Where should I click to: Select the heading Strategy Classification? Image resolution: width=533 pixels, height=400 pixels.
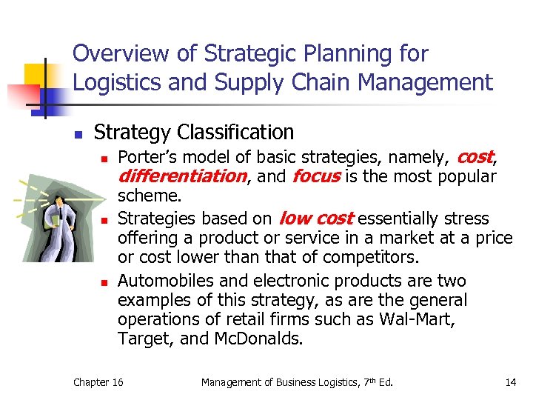point(194,132)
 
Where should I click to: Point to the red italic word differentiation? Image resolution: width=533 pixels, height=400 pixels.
point(181,176)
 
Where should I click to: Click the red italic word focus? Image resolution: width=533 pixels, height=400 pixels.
point(316,176)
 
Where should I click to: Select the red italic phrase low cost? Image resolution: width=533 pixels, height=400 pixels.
point(315,219)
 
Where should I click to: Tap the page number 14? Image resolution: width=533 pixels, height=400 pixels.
point(510,382)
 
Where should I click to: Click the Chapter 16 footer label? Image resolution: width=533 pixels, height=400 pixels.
point(98,382)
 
